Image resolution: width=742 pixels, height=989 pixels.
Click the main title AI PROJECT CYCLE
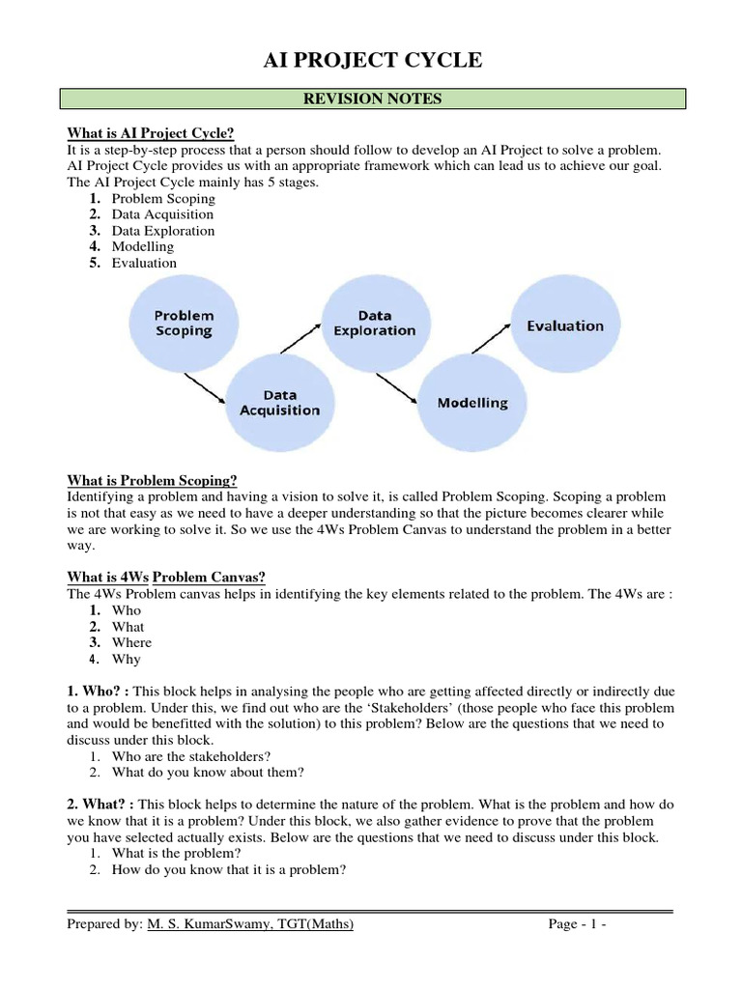coord(372,61)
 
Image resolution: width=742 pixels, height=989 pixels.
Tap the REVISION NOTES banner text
coord(372,99)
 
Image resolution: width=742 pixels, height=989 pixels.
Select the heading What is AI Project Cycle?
coord(151,132)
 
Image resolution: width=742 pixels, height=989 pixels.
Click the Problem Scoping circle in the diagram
coord(185,323)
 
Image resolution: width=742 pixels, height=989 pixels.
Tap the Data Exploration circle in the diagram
coord(374,323)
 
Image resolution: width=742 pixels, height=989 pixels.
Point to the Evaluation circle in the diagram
coord(565,326)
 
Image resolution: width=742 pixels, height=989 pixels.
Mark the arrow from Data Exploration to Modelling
coord(398,386)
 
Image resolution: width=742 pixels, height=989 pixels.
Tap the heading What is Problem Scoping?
coord(152,480)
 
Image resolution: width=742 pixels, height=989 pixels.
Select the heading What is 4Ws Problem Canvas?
coord(167,577)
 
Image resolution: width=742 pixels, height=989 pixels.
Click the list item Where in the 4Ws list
coord(131,642)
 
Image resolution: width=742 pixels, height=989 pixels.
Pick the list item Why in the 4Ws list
coord(126,659)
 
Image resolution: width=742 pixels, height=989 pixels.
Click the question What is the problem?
coord(176,854)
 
